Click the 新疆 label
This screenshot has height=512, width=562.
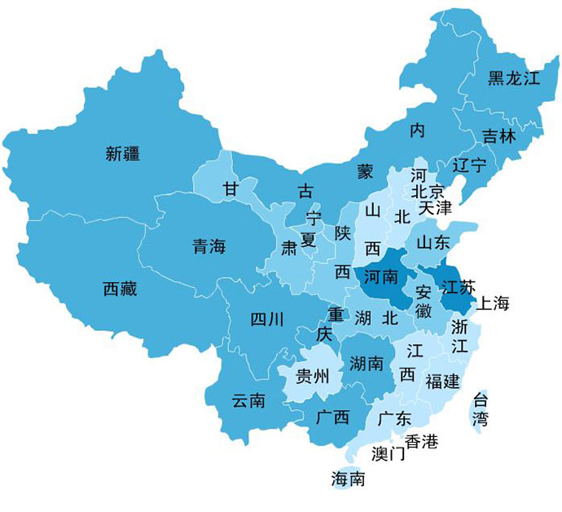coord(123,152)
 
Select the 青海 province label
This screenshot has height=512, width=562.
coord(209,246)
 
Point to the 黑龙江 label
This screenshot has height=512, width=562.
coord(514,79)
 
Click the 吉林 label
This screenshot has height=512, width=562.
coord(498,136)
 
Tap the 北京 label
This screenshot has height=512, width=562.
coord(428,192)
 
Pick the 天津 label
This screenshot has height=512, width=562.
coord(435,208)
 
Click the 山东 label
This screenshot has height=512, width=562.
coord(433,242)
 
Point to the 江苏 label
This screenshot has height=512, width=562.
coord(456,288)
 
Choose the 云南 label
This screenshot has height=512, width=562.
coord(248,400)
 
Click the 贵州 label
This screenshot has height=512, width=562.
coord(312,376)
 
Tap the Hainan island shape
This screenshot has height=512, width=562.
coord(349,479)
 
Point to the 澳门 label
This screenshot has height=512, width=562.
coord(388,453)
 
